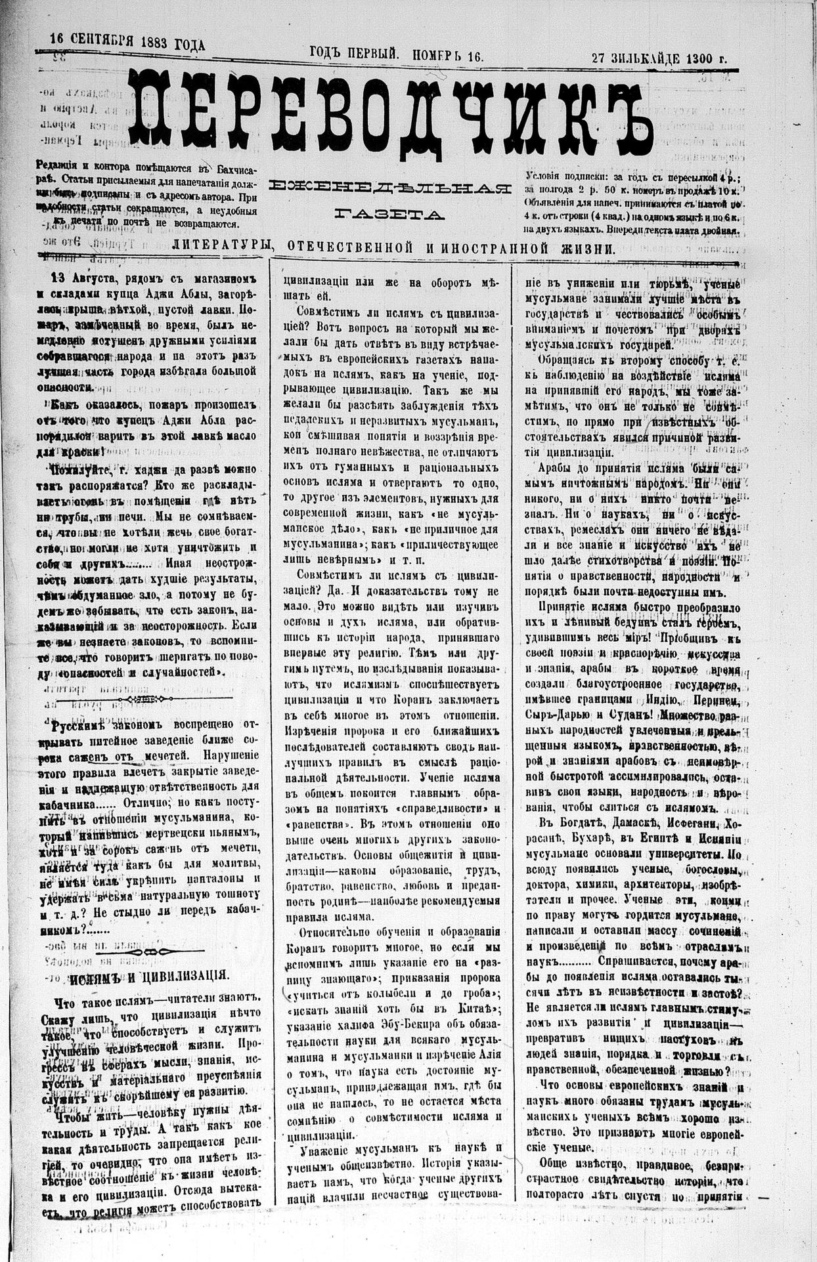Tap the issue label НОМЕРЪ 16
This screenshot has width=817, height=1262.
pyautogui.click(x=448, y=56)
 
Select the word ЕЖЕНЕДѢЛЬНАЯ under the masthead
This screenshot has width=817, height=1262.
pyautogui.click(x=390, y=188)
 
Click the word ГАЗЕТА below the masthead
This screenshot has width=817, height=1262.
pyautogui.click(x=389, y=214)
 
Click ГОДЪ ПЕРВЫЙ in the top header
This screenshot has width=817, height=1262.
pyautogui.click(x=354, y=56)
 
